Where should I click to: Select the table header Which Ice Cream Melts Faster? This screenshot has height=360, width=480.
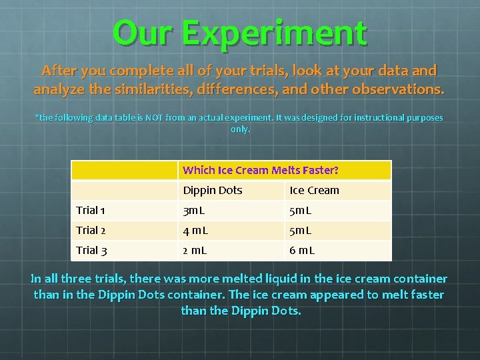[261, 170]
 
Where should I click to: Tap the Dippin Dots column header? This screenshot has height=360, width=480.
[212, 190]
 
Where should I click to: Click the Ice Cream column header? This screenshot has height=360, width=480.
[314, 190]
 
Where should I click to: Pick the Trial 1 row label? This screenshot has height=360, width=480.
[91, 210]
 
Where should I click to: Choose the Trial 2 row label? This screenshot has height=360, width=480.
[91, 230]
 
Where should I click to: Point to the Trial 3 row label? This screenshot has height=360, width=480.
[91, 250]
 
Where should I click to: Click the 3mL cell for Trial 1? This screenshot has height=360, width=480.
[195, 210]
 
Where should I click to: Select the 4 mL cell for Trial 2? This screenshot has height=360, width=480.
[196, 230]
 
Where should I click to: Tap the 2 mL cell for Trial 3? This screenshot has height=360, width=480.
[195, 250]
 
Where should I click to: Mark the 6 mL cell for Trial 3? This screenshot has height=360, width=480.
[302, 250]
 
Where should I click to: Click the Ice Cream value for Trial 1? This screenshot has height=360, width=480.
[301, 210]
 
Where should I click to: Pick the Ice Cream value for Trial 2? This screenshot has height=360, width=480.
[301, 230]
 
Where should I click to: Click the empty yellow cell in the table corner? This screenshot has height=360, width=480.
[124, 170]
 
